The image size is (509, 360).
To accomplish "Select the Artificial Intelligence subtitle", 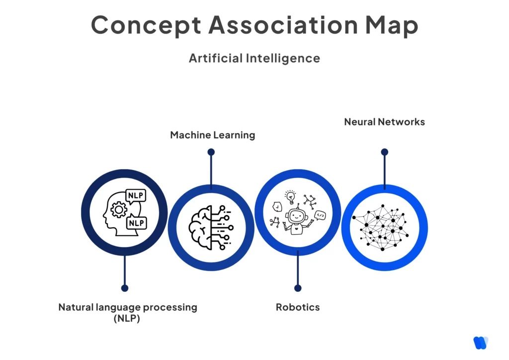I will pos(254,58).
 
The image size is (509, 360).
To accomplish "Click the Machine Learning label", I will pos(212,135).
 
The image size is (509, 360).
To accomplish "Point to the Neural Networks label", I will pos(384,121).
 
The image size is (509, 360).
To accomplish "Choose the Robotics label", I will pos(298,307).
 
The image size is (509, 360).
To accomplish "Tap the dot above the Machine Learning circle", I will pos(211,152).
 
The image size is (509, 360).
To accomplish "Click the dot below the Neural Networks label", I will pos(384,152).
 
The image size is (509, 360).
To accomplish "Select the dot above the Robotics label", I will pos(298,288).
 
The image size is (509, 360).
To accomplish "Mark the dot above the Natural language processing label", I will pos(125,288).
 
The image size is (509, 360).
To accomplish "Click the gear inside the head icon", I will pos(118,211).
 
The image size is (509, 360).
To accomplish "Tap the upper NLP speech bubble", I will pos(136,195).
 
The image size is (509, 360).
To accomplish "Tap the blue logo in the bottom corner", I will pos(481,343).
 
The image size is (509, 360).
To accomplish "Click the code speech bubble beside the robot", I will pos(321,215).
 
